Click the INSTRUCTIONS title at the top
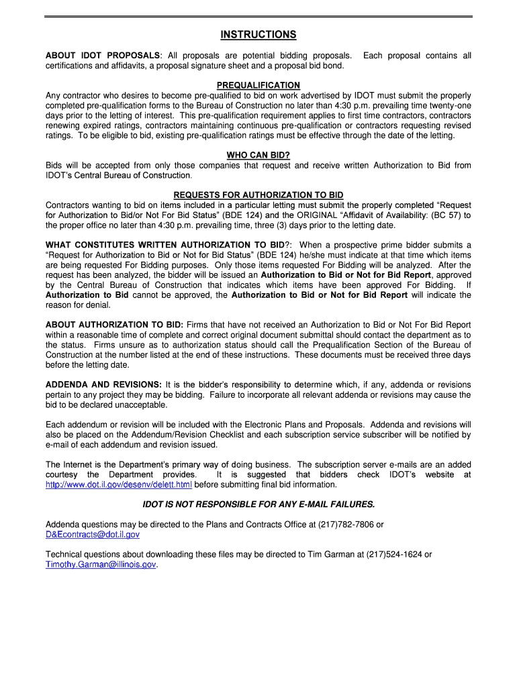pyautogui.click(x=258, y=35)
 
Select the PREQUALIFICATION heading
pyautogui.click(x=258, y=85)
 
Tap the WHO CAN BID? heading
pyautogui.click(x=258, y=155)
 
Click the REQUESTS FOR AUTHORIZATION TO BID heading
pyautogui.click(x=258, y=195)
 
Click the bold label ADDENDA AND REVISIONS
pyautogui.click(x=103, y=384)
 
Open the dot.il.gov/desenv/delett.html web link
pyautogui.click(x=118, y=484)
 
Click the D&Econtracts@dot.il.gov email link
pyautogui.click(x=93, y=535)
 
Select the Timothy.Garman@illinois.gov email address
pyautogui.click(x=101, y=565)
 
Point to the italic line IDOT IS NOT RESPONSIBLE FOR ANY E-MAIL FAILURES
pyautogui.click(x=258, y=505)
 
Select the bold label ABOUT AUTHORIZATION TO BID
pyautogui.click(x=114, y=325)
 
